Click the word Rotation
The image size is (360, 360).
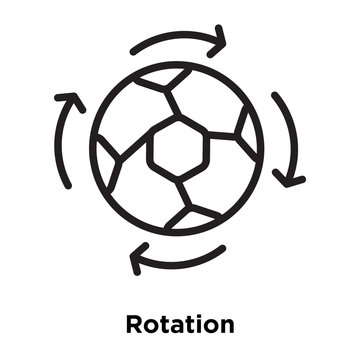pos(180,324)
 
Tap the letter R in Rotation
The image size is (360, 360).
pos(134,324)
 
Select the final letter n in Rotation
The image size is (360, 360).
pos(227,326)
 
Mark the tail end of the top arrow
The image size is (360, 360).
pos(134,49)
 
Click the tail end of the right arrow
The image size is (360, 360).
pos(274,98)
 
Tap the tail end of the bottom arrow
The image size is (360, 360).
pos(222,248)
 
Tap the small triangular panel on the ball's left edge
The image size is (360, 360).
pos(103,150)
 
